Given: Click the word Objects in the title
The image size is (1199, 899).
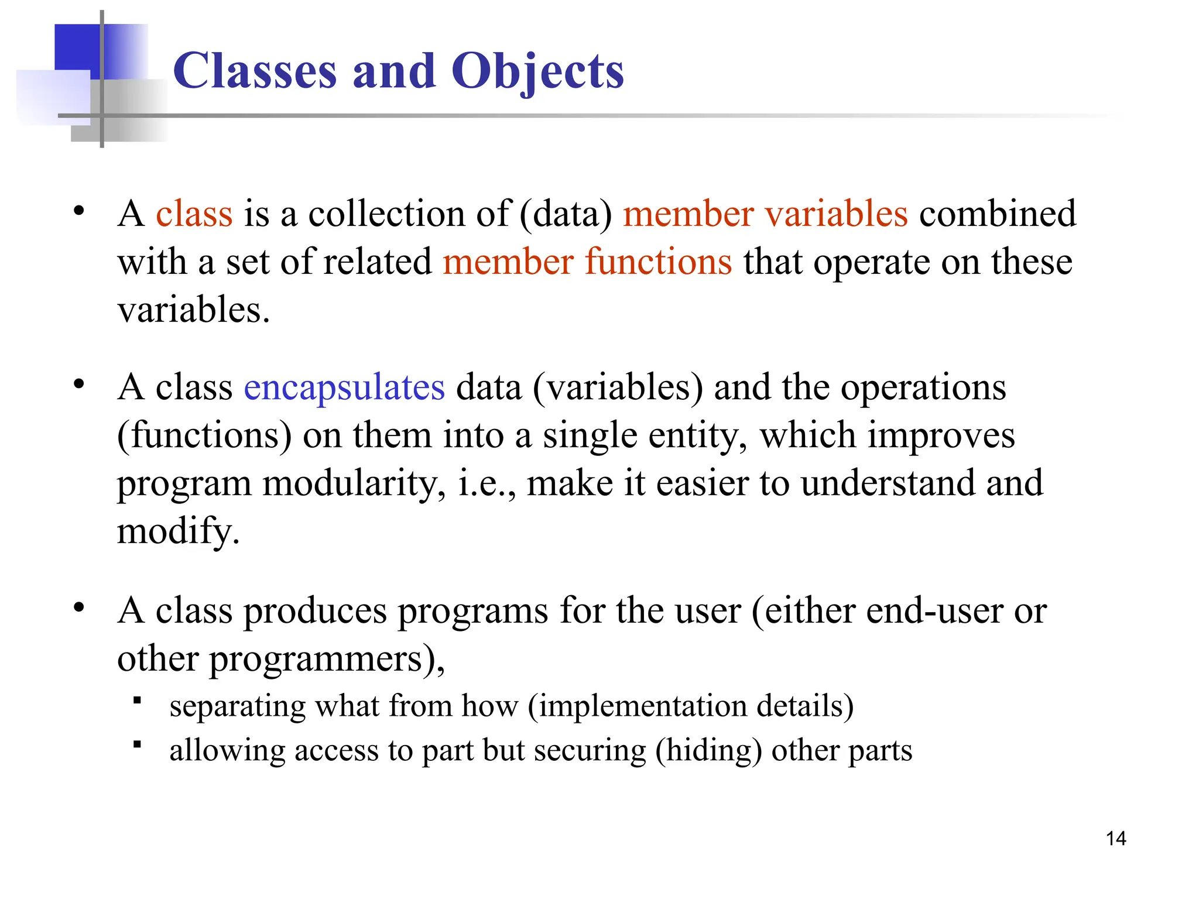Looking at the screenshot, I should point(537,71).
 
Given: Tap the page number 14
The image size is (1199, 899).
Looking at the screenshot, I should point(1116,839).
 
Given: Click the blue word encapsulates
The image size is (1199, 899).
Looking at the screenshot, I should point(344,387).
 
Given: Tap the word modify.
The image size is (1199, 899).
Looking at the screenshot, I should point(178,531).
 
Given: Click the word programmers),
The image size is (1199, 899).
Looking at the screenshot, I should point(327,659).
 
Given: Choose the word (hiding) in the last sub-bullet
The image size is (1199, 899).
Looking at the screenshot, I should point(708,750).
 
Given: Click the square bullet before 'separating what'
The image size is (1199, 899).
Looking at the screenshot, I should point(138,700).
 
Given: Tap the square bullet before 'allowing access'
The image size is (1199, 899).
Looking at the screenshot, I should point(138,744).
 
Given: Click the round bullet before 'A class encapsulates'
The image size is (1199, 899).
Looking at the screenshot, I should point(79,385).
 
